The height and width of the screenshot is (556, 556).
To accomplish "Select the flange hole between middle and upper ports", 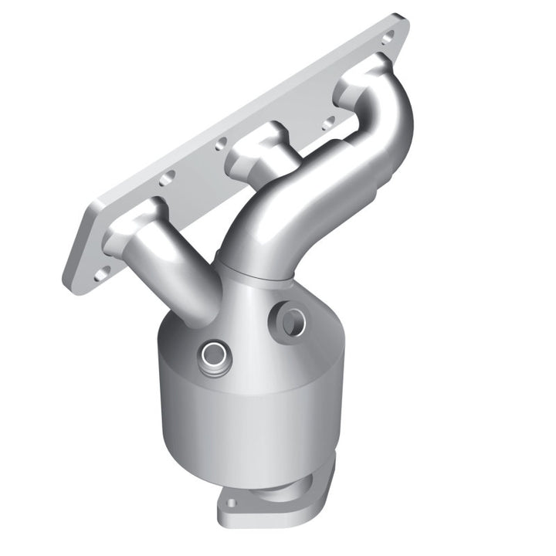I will coord(330,121).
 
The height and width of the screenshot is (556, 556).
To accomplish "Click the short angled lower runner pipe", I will coord(181,278).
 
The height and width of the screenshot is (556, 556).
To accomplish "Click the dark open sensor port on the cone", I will coord(292,321).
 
